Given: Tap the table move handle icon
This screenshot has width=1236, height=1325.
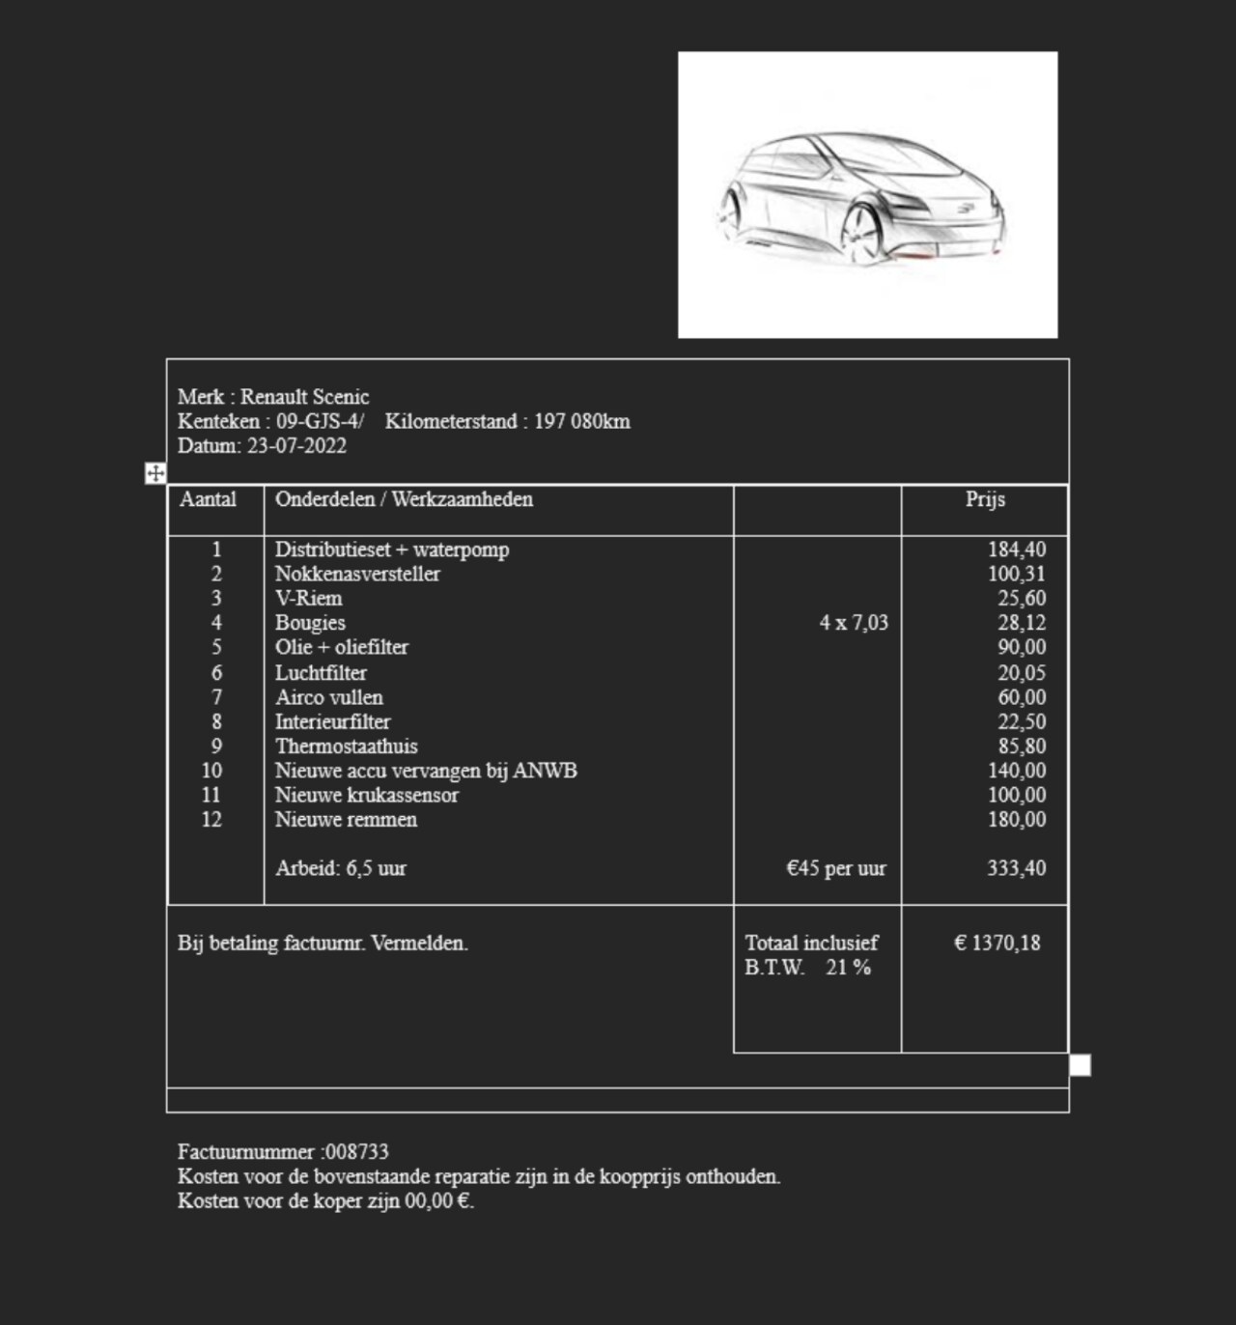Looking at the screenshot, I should point(155,473).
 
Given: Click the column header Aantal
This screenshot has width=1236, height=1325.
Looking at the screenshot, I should point(208,499).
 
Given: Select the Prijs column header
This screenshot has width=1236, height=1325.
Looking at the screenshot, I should point(985,499).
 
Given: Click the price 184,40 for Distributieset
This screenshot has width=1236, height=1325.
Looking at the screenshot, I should point(1016,550).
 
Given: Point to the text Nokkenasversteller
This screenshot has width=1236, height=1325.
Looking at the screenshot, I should point(357,574).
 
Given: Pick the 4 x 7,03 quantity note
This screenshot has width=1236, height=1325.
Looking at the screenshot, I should point(854,623).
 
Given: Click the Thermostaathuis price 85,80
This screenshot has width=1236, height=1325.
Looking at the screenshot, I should point(1022,747).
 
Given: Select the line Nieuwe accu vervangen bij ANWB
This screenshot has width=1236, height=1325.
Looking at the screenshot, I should point(426,771).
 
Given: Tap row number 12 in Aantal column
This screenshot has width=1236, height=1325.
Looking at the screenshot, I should point(211,820).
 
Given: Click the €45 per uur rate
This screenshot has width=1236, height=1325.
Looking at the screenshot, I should point(836,868).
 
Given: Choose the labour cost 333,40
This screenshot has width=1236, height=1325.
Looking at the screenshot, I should point(1016,868).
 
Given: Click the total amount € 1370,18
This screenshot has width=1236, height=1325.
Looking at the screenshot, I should point(997,943).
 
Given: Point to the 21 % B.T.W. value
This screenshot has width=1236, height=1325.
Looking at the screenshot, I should point(848,968).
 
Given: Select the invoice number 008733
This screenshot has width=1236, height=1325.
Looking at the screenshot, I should point(357,1152).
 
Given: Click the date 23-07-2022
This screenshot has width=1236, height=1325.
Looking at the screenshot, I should point(296,446).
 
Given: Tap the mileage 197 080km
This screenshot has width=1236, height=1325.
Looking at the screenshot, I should point(581,422).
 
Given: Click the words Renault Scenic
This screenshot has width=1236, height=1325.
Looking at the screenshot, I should point(304,397).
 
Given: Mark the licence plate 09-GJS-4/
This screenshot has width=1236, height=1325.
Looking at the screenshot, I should point(321,422).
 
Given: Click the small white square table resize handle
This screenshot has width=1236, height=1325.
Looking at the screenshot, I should point(1081,1065).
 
